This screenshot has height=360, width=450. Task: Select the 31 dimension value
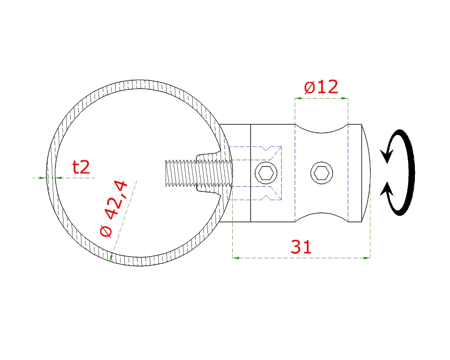coord(301,247)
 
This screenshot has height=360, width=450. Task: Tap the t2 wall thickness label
coord(81,167)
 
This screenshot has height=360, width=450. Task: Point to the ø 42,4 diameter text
coord(114,209)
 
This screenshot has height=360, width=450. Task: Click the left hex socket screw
coord(266,173)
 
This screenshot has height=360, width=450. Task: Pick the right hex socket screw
coord(322,173)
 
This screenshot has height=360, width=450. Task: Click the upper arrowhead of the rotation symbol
coord(386,156)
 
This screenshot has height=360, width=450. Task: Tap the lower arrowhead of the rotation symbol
coord(387,189)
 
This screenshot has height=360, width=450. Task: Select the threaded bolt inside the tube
coord(198,173)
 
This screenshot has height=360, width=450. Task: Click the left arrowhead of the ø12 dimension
coord(298,99)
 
